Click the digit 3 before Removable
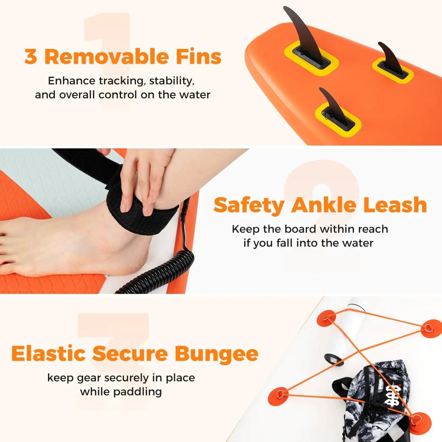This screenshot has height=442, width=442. (x=31, y=57)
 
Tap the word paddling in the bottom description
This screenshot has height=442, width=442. (x=138, y=392)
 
